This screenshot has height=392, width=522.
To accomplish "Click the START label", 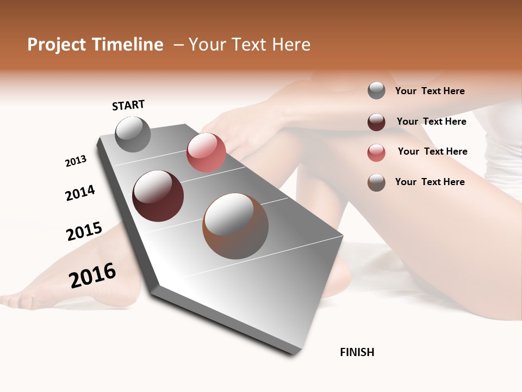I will (128, 105).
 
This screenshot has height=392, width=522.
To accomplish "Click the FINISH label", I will (357, 352).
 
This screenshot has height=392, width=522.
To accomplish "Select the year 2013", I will (76, 161).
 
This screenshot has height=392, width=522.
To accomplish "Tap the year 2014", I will (80, 193).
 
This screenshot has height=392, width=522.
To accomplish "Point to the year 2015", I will (84, 231).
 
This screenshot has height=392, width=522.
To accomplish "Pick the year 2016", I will (92, 275).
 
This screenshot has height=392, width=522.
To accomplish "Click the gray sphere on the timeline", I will (133, 134).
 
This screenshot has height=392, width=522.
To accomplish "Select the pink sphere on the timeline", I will (206, 152).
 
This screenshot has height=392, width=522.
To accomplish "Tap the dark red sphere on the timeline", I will (158, 196).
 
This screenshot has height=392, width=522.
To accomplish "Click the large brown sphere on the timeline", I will (235, 226).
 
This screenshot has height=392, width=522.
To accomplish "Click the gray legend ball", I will (376, 90).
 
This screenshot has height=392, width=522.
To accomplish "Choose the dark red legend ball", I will (376, 122).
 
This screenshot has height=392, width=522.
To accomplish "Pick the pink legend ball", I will (376, 152).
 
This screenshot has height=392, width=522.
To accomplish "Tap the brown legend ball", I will (376, 182).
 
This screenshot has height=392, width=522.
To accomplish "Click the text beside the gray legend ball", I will (430, 91).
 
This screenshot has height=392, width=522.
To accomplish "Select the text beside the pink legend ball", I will (432, 151).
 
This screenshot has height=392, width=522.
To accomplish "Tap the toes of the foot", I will (14, 299).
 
